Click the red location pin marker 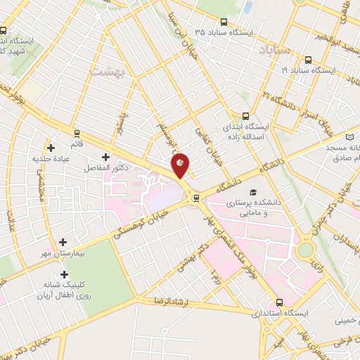coord(181,165)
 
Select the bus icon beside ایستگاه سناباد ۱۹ coord(309,60)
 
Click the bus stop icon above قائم coord(77,132)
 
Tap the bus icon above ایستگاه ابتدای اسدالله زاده coord(245,116)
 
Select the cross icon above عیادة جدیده coord(51,148)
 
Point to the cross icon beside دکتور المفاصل coord(105,157)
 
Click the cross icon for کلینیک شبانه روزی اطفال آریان coord(64,274)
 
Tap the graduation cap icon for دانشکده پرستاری coord(252,191)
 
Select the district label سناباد coord(274,51)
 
